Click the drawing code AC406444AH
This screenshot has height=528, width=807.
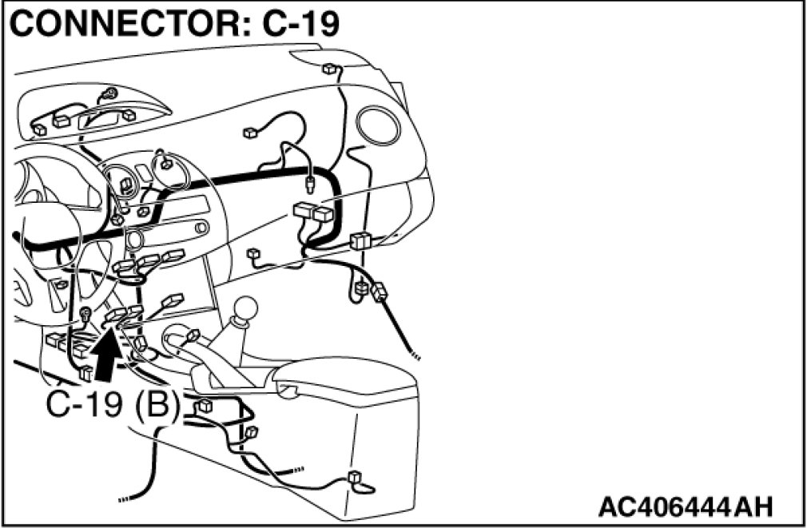[x=686, y=506]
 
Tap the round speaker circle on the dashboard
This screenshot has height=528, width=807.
[x=376, y=126]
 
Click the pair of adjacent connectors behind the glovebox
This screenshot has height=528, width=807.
[x=312, y=213]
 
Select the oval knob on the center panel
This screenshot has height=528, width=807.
[x=133, y=238]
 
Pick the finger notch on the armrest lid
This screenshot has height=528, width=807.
[x=287, y=389]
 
